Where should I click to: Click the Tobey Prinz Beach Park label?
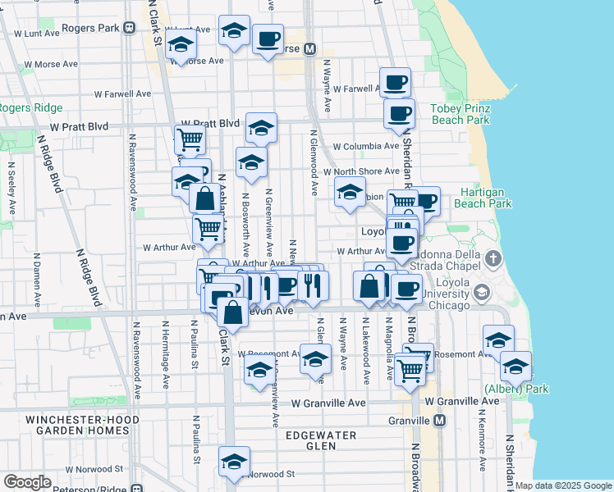point(460,114)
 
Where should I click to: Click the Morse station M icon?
point(309,49)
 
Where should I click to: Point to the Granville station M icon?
point(440,420)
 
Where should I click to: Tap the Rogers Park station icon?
point(130,28)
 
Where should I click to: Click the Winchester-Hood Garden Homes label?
point(76,425)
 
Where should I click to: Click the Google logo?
point(27,481)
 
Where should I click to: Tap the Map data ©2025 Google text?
point(563,485)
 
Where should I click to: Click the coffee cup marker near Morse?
point(268,39)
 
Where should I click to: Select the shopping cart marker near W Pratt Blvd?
point(190,139)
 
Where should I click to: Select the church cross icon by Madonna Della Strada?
point(493,260)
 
